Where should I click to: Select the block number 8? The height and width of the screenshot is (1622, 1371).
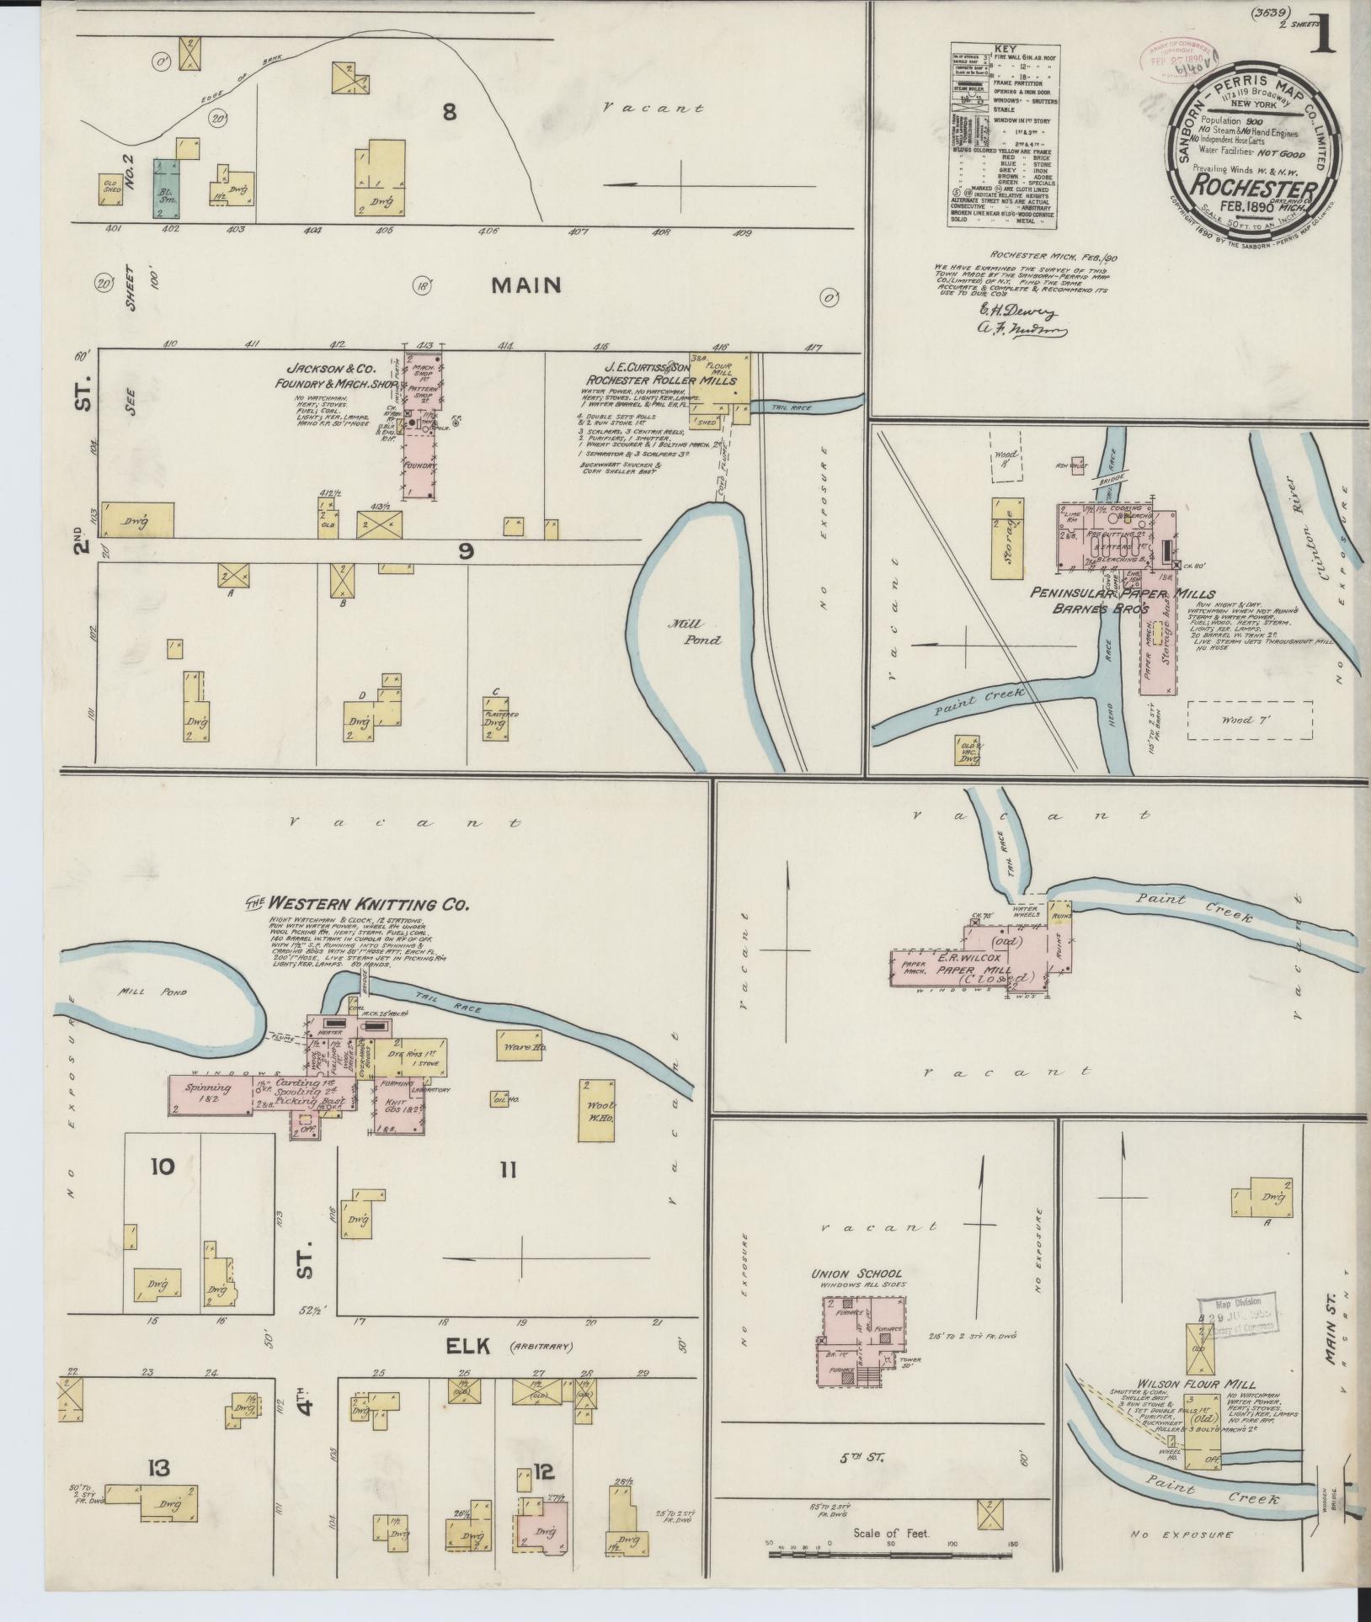click(x=449, y=111)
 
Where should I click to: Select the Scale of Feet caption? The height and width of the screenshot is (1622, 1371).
click(x=890, y=1533)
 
